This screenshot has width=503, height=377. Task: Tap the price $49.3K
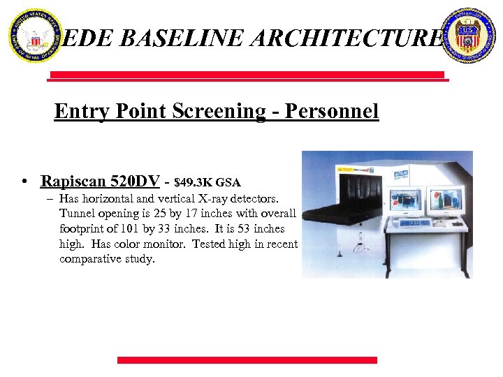[194, 183]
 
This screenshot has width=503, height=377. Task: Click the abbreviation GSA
[228, 183]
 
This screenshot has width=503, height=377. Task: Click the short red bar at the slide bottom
[247, 360]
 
